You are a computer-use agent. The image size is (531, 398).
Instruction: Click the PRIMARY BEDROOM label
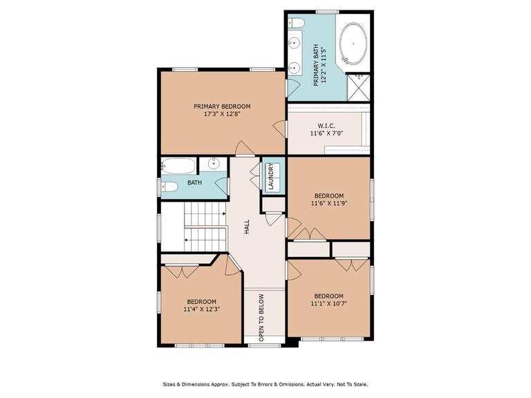pyautogui.click(x=222, y=106)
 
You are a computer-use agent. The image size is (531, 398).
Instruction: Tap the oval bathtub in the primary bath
pyautogui.click(x=353, y=44)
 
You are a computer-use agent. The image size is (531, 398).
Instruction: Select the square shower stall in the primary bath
pyautogui.click(x=359, y=88)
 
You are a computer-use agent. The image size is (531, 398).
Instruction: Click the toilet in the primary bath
pyautogui.click(x=296, y=23)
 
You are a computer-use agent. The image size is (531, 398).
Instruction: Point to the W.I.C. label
pyautogui.click(x=327, y=126)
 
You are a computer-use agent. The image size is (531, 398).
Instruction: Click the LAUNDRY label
pyautogui.click(x=270, y=176)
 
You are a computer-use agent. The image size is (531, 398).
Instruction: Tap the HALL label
pyautogui.click(x=247, y=227)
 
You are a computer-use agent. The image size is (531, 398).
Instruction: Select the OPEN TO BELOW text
pyautogui.click(x=261, y=318)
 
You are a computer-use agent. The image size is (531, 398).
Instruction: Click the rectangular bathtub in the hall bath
pyautogui.click(x=178, y=166)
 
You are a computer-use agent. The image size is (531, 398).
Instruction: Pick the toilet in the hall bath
pyautogui.click(x=169, y=187)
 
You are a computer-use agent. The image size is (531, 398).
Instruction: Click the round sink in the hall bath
pyautogui.click(x=214, y=164)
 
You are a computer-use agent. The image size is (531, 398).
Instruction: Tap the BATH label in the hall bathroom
pyautogui.click(x=195, y=182)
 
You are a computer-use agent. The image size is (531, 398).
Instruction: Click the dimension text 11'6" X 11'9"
pyautogui.click(x=329, y=203)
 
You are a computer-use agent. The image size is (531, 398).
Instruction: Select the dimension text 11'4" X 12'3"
pyautogui.click(x=202, y=309)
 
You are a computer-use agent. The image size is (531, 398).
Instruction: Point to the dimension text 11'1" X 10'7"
pyautogui.click(x=329, y=303)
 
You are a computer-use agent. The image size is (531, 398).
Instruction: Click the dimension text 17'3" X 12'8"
pyautogui.click(x=222, y=114)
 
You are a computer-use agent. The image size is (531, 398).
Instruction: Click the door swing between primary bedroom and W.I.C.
pyautogui.click(x=280, y=129)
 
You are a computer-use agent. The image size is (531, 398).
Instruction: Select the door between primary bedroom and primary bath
pyautogui.click(x=292, y=88)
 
